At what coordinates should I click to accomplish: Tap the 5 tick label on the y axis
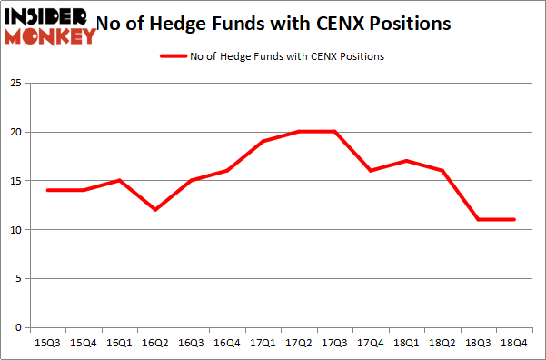(x=16, y=279)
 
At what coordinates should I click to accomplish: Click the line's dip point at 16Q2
(x=155, y=210)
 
